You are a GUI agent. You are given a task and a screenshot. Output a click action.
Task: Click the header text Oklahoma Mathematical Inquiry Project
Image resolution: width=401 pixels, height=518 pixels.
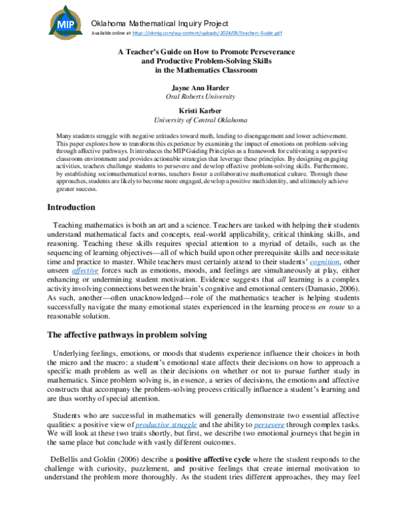(x=162, y=23)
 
